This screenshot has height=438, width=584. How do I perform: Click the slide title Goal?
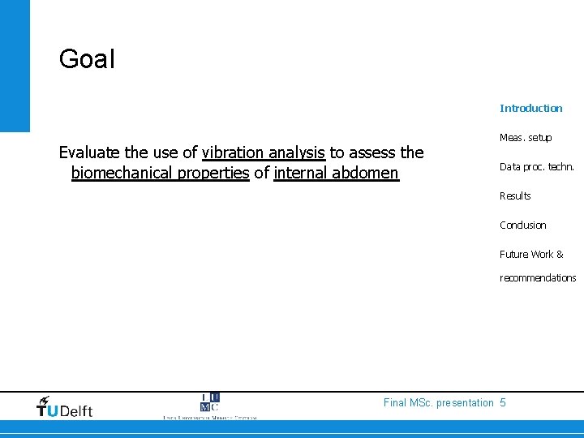tap(88, 59)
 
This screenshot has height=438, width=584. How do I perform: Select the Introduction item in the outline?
tap(530, 108)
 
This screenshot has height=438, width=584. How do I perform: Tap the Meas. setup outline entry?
tap(526, 137)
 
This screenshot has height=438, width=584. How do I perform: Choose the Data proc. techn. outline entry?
tap(537, 166)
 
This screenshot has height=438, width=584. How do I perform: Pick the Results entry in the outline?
tap(515, 195)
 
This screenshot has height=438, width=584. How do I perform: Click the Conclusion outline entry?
tap(523, 225)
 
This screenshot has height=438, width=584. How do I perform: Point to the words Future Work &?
tap(531, 254)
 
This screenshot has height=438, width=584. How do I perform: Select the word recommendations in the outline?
tap(538, 277)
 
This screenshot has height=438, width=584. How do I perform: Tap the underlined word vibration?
tap(232, 152)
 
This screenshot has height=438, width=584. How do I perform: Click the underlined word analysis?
tap(296, 152)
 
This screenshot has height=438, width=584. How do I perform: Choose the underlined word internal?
tap(303, 172)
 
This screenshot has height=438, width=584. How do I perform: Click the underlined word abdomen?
tap(367, 172)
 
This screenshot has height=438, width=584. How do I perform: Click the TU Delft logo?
tap(65, 406)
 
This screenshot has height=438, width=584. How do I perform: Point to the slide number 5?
tap(503, 402)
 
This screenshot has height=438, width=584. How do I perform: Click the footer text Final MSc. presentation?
tap(438, 402)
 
